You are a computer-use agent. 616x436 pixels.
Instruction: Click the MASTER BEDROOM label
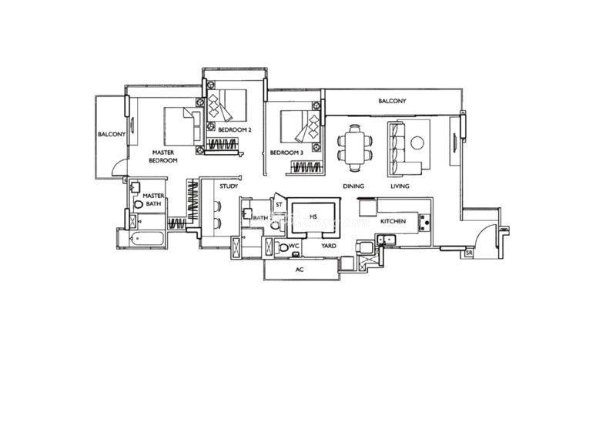163,156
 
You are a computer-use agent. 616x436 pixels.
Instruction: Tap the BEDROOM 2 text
235,129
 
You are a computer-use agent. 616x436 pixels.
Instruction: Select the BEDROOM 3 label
286,153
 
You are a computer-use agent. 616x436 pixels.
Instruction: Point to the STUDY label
229,186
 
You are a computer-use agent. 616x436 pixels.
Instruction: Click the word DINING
353,186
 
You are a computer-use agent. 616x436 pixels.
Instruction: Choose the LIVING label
400,186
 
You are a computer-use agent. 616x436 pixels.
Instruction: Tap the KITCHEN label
393,221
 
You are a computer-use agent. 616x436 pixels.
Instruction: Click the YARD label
329,246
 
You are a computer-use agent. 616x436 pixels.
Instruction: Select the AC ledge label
300,270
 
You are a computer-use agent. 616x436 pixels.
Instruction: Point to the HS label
313,216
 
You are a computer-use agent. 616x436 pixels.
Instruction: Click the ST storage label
279,205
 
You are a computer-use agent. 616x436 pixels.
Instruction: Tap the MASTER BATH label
153,200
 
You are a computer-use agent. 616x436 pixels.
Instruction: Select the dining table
355,148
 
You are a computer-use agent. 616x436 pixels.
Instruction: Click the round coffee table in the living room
417,143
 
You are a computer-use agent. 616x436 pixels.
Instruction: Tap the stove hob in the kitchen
424,223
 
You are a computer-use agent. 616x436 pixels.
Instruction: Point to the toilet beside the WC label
283,248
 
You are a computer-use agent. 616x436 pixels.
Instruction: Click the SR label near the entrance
469,253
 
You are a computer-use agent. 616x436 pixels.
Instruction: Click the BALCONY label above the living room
392,101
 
